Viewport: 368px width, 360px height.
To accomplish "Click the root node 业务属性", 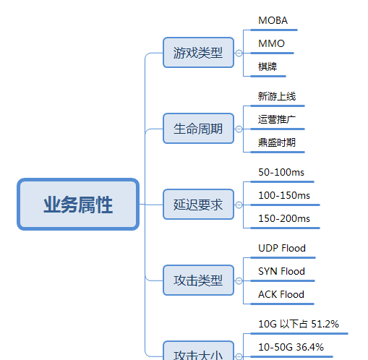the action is pos(78,205).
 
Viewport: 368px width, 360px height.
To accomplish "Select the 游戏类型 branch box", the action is pos(198,53).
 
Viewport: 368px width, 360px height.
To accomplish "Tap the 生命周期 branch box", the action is pos(198,129).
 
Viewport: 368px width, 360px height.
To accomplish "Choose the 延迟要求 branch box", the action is pos(198,205).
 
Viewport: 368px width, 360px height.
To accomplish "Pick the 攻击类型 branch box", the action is pos(198,280).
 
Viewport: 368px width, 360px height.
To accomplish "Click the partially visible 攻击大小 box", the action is pos(198,351).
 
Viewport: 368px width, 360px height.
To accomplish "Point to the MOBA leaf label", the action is pos(273,20).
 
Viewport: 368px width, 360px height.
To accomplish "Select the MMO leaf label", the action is pos(271,43).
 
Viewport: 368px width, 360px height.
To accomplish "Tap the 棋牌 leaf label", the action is pos(268,67).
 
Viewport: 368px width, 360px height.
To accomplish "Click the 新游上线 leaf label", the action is pos(277,96).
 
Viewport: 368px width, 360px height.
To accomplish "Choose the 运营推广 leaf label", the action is pos(277,119).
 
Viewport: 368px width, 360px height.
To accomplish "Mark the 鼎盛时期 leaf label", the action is pos(277,142).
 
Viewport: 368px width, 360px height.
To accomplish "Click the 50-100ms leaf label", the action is pos(281,172).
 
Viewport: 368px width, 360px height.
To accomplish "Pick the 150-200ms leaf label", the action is pos(284,218).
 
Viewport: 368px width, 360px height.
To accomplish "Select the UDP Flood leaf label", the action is pos(282,248).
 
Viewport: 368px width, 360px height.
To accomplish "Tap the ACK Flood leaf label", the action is pos(281,294).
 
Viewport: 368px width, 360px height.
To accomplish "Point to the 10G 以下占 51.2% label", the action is pos(299,324).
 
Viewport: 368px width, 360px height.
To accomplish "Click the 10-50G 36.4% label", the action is pos(291,347).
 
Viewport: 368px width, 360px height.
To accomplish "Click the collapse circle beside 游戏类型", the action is pos(239,53).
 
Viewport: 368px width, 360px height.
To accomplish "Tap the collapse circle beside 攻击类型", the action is pos(239,280).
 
